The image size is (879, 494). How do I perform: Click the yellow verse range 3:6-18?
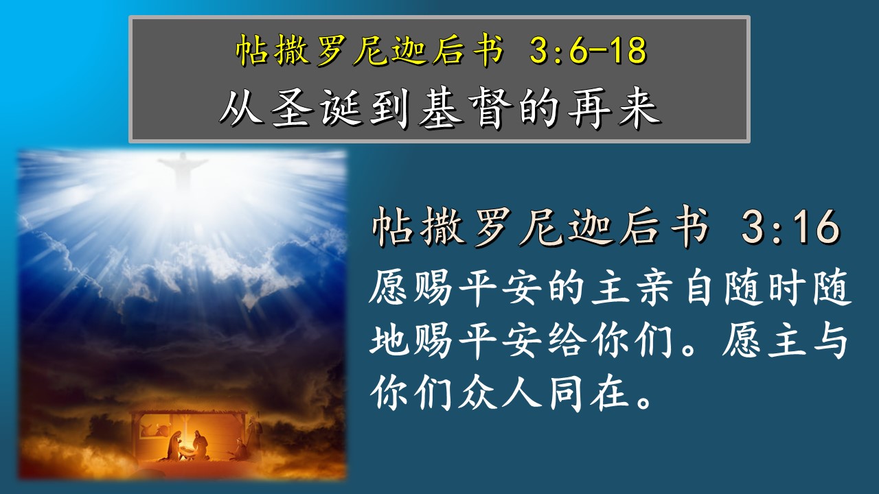[x=587, y=50]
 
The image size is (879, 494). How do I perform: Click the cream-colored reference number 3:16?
[x=790, y=226]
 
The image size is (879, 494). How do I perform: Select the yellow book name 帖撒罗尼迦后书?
[x=369, y=50]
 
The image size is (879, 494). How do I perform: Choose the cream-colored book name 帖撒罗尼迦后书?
[x=540, y=226]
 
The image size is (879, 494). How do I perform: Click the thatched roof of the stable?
[x=189, y=413]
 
